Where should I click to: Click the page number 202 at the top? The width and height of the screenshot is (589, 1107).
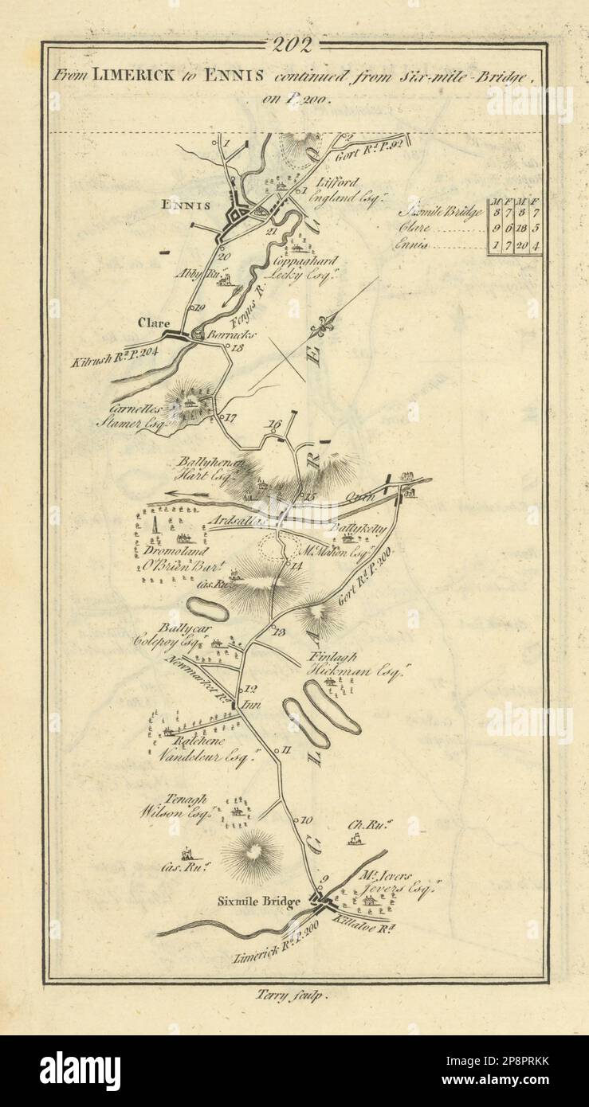coord(295,44)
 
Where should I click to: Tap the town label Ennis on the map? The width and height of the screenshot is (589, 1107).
coord(186,205)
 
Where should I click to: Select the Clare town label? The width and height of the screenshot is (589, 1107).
coord(154,323)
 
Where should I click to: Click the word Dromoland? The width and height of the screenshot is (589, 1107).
coord(176,550)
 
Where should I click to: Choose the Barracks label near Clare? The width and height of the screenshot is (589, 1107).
coord(226,336)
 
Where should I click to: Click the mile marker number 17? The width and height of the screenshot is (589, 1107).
coord(232,417)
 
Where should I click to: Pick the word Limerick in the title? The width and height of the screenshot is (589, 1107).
coord(131,76)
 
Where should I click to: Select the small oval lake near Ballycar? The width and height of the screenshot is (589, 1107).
coord(207,609)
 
